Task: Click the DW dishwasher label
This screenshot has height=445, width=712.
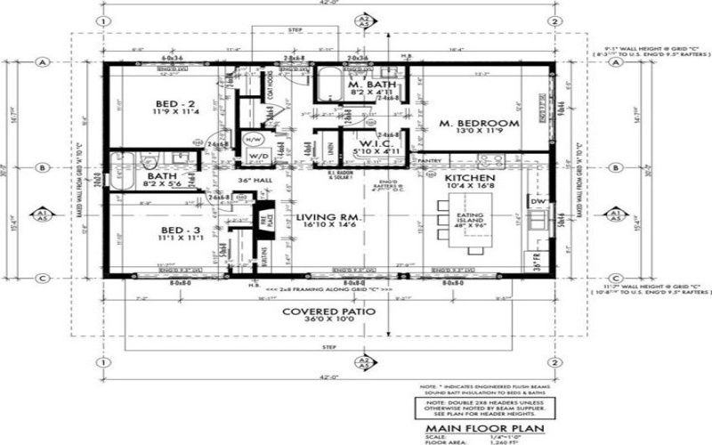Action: [537, 202]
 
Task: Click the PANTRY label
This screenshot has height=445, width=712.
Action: [430, 161]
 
